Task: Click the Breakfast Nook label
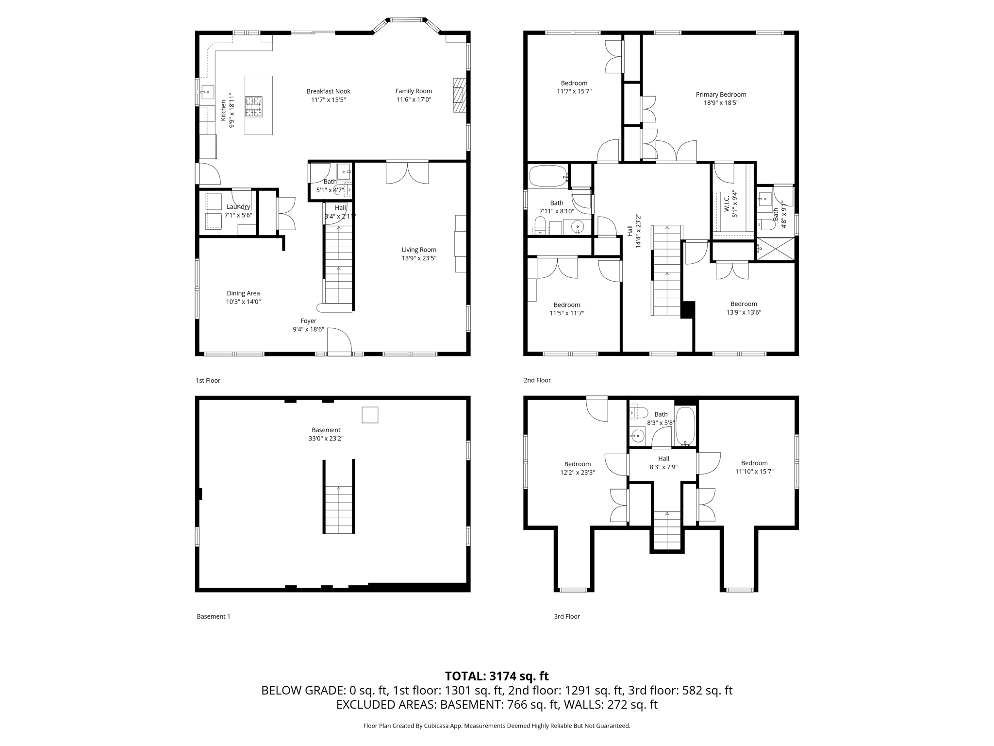[328, 91]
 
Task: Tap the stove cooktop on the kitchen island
[253, 107]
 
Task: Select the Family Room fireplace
[459, 95]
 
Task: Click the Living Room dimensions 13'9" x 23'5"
[419, 258]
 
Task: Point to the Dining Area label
[243, 293]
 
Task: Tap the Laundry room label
[238, 207]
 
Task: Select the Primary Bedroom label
[721, 95]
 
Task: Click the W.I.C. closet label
[727, 203]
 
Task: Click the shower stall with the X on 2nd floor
[776, 249]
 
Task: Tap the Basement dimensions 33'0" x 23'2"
[326, 439]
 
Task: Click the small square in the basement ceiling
[370, 415]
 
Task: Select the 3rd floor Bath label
[661, 414]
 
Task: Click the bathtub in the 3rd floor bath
[686, 426]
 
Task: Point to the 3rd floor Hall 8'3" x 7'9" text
[663, 463]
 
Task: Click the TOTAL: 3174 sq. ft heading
[497, 676]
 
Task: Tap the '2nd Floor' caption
[537, 380]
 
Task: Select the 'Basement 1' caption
[214, 616]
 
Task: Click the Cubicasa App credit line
[497, 726]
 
